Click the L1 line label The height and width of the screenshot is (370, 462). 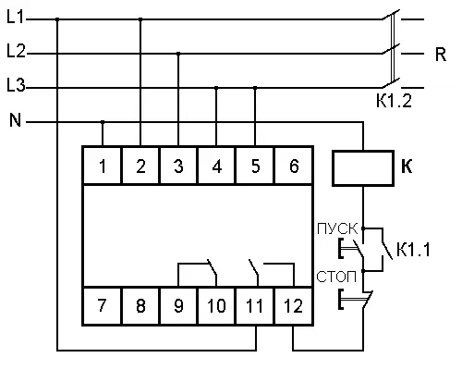coord(16,17)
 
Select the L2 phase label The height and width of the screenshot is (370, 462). coord(16,51)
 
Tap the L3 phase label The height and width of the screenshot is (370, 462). coord(16,85)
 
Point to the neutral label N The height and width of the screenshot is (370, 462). coord(16,120)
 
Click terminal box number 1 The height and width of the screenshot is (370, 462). coord(103,166)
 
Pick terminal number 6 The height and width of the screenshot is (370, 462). coord(294,166)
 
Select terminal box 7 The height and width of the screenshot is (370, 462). coord(103,306)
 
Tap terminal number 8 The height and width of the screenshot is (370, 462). coord(140,306)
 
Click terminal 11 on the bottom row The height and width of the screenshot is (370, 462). coord(254,306)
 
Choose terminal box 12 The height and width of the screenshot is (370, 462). coord(293,306)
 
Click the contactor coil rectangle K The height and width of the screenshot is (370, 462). coord(363,168)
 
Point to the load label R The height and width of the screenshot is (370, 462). coord(441,55)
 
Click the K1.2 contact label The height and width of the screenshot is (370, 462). coord(394,100)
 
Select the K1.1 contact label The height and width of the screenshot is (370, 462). coord(413,250)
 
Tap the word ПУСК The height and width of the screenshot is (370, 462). coord(337,228)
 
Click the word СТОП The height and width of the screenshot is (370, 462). coord(336,277)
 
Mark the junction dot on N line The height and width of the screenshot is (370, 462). coord(103,122)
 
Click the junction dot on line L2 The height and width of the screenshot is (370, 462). coord(178,54)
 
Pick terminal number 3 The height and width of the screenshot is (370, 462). coord(178,166)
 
